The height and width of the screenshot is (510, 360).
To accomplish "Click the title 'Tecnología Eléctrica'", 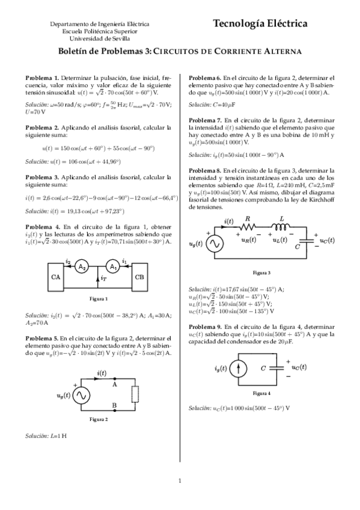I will pyautogui.click(x=260, y=23).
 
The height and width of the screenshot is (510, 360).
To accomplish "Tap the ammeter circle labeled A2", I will pyautogui.click(x=84, y=267).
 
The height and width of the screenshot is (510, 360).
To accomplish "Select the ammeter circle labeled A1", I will pyautogui.click(x=112, y=267).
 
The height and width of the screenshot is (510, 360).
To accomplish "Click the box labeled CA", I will pyautogui.click(x=55, y=277).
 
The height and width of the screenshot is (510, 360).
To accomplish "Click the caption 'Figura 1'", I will pyautogui.click(x=98, y=299).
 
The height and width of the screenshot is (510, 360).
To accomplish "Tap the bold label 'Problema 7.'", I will pyautogui.click(x=204, y=120).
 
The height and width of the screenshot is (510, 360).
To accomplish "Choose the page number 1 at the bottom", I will pyautogui.click(x=180, y=480).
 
